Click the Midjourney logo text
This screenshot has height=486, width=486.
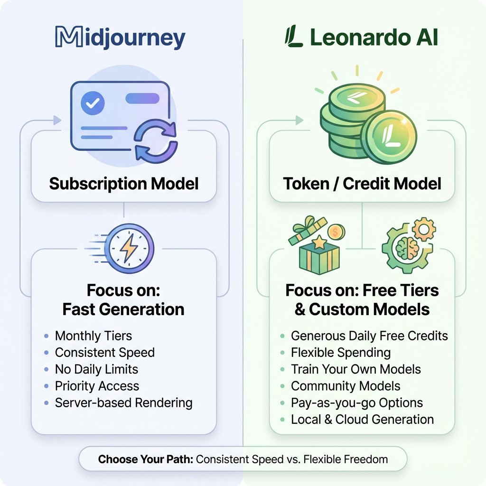coord(120,38)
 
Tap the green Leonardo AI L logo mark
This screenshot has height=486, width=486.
coord(294,37)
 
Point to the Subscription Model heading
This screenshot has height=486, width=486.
coord(124,184)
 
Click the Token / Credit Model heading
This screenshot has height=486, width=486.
coord(362,184)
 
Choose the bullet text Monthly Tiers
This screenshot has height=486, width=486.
coord(93,336)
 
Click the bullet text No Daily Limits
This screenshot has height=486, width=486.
coord(96,369)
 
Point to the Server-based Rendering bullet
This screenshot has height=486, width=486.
coord(123,403)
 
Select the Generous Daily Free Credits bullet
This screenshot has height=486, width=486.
coord(369,336)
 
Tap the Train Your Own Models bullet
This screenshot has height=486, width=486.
coord(356,369)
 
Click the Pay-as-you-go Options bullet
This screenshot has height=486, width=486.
coord(356,403)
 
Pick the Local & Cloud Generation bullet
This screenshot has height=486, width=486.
coord(362,420)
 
